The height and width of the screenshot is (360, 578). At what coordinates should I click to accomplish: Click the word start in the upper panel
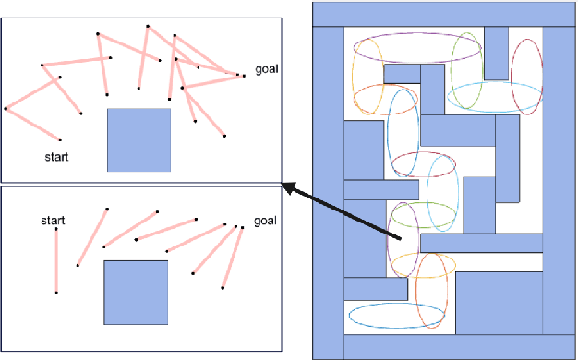click(x=56, y=157)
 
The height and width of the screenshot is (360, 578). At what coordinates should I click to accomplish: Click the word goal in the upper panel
click(x=268, y=69)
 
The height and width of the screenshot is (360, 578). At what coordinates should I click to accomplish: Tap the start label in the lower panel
click(x=54, y=221)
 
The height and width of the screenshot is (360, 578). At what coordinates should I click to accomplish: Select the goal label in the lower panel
click(x=265, y=221)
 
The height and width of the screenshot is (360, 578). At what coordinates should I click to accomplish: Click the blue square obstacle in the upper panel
click(x=138, y=139)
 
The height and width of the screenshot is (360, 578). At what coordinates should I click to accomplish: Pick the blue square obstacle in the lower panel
click(x=135, y=291)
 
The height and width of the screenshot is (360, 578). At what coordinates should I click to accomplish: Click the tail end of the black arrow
click(x=401, y=241)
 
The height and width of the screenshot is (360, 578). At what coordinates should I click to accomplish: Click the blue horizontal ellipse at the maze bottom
click(x=393, y=316)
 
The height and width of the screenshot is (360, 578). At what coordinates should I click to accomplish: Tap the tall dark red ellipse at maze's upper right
click(x=526, y=76)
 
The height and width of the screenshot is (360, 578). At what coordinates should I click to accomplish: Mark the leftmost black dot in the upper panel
click(x=6, y=109)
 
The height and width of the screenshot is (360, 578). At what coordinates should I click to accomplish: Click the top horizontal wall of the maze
click(x=442, y=14)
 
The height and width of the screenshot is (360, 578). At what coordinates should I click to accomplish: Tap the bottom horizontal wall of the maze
click(x=442, y=346)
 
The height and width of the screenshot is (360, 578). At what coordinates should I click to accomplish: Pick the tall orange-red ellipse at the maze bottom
click(x=430, y=290)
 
